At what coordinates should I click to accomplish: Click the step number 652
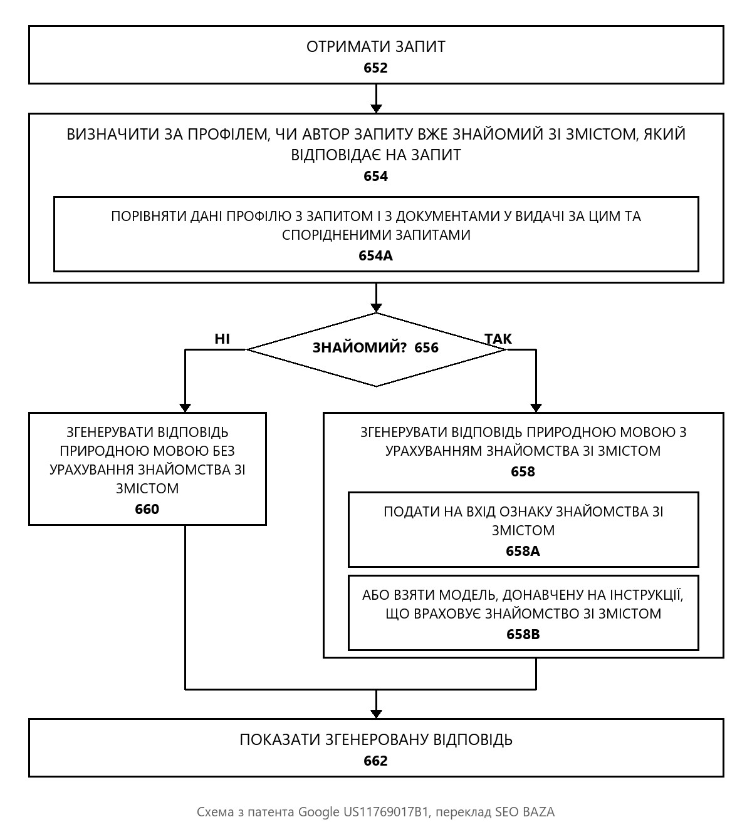point(375,68)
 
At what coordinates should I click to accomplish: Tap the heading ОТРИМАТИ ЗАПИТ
point(375,47)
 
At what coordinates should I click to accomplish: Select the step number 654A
point(375,255)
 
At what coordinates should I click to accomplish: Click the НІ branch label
point(222,339)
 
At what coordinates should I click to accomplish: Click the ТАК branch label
point(498,339)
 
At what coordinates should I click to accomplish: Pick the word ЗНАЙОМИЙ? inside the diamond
point(360,347)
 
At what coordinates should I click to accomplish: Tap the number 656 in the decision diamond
point(426,347)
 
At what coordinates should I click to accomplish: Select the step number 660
point(147,509)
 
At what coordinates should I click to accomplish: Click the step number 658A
point(523,551)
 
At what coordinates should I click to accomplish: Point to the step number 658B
point(523,634)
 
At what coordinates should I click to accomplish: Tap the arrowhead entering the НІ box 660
point(185,408)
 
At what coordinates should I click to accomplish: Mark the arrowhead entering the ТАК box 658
point(536,408)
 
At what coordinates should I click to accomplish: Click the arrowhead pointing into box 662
point(376,714)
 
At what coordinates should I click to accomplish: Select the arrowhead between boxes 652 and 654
point(376,108)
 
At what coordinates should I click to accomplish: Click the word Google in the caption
point(318,812)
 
